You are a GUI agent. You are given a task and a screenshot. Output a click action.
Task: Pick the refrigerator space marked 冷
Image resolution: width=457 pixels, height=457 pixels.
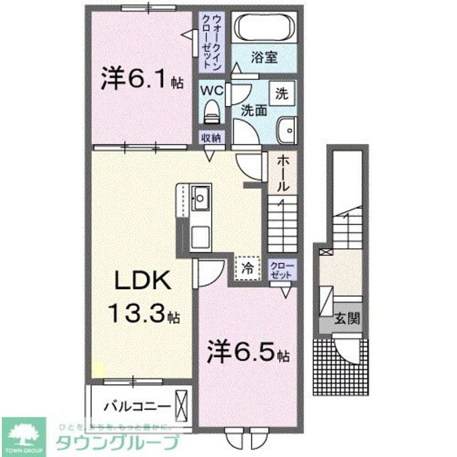coord(247,268)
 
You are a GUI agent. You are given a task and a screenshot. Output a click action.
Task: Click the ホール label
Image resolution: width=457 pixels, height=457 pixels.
coord(282,173)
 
